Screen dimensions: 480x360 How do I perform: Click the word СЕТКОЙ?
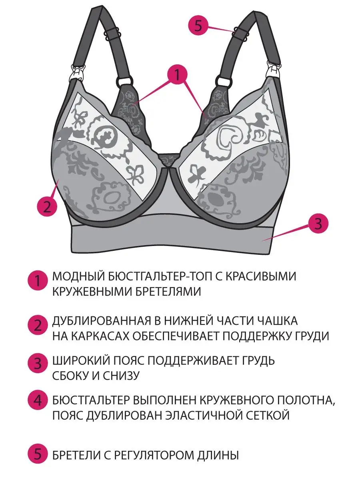(x=267, y=415)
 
